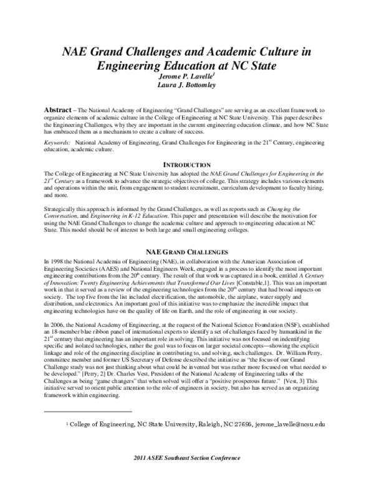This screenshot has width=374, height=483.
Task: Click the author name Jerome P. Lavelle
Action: pos(186,76)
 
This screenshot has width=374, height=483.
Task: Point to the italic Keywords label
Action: pos(58,143)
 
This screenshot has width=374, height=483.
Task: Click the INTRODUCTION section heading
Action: pos(187,164)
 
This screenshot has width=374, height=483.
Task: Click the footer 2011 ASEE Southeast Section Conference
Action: pos(186,474)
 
